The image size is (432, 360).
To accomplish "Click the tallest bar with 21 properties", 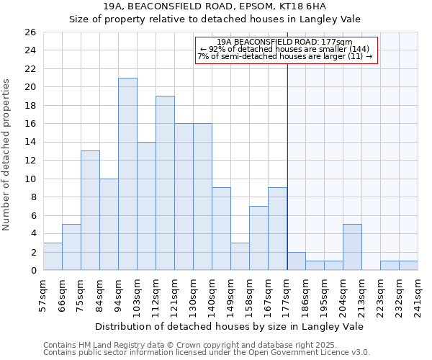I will tap(127, 174).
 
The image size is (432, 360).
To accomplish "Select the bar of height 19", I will tap(165, 183).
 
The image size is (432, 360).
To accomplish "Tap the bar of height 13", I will tap(90, 210).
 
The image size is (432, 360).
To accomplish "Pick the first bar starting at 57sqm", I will tap(53, 256).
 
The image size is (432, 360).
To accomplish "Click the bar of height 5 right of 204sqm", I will tap(352, 247).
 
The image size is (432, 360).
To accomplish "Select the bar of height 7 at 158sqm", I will tap(258, 238).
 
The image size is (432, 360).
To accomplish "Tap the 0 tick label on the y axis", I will tap(32, 271).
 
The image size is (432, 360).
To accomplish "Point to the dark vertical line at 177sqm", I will tap(287, 166).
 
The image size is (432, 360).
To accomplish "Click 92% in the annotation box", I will tap(215, 49).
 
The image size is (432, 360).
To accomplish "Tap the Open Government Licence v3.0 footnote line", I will tap(207, 353).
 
